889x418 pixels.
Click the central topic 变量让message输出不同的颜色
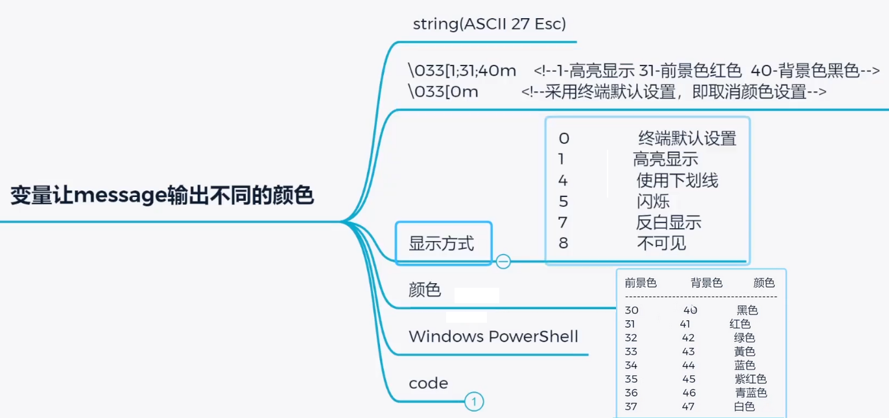[x=162, y=195]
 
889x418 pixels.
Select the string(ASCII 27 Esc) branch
[x=490, y=24]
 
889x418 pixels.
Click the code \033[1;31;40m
[x=462, y=70]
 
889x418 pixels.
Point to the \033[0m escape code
[x=443, y=92]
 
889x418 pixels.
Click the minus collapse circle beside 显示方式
[x=503, y=261]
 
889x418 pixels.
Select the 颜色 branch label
[x=425, y=290]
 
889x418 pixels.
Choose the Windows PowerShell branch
[x=493, y=336]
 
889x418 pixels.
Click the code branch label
[x=428, y=383]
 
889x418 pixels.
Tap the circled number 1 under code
[x=474, y=402]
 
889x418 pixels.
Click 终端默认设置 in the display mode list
[x=687, y=138]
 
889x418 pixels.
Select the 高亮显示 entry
[x=665, y=159]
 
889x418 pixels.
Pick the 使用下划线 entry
[x=677, y=180]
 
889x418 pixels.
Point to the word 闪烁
[x=652, y=202]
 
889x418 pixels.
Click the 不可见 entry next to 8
[x=661, y=243]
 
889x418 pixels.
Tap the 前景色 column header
[x=641, y=283]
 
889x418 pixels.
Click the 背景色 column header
[x=706, y=283]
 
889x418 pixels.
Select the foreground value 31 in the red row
[x=630, y=324]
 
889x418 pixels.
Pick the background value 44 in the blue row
[x=689, y=366]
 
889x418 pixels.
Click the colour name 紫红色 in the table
[x=750, y=379]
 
